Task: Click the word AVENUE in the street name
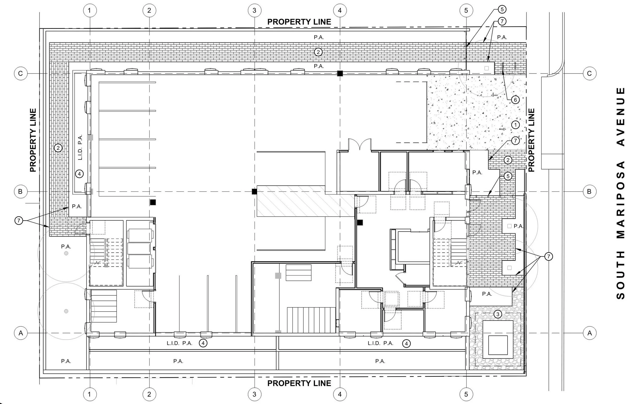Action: click(620, 117)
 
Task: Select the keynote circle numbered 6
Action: click(515, 100)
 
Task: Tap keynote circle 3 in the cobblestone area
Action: click(498, 314)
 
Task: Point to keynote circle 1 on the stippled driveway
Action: click(515, 125)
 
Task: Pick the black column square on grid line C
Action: click(340, 74)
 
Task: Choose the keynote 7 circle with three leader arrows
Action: click(548, 256)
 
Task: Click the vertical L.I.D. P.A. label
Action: click(80, 147)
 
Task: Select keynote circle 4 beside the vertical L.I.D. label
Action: click(79, 174)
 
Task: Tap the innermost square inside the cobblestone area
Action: click(498, 345)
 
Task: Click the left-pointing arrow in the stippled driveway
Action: click(494, 95)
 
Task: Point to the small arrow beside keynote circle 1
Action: click(502, 129)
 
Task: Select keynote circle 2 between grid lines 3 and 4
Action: click(318, 52)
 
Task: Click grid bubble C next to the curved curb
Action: click(589, 74)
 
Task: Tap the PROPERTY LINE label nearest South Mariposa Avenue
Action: click(531, 140)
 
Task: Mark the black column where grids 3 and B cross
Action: click(254, 191)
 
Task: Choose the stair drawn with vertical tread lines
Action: click(311, 320)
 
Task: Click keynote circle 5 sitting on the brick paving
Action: click(508, 176)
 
